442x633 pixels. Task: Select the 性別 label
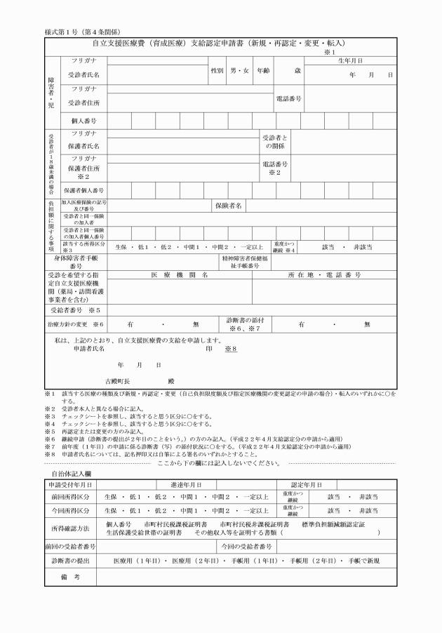[x=217, y=71]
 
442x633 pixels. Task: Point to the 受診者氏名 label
[x=83, y=74]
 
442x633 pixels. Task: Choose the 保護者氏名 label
[x=83, y=146]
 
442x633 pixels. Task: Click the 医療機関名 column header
[x=180, y=275]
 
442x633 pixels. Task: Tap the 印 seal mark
[x=209, y=348]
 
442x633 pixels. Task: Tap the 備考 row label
[x=68, y=576]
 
